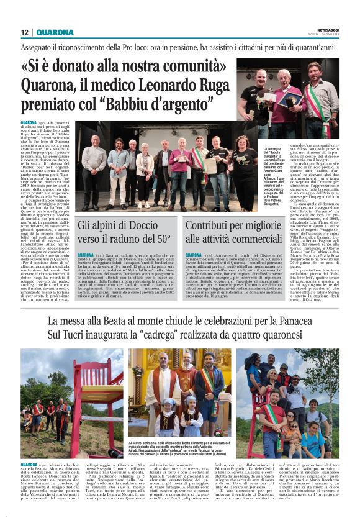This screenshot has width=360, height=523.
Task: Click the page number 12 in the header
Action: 25,32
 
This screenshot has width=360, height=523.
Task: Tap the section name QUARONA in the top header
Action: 55,32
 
